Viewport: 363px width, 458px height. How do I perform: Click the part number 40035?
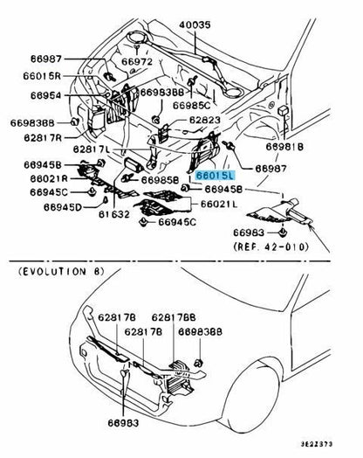[x=195, y=24]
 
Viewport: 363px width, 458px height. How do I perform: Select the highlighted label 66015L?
[x=216, y=176]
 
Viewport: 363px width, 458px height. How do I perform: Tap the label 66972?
[x=137, y=62]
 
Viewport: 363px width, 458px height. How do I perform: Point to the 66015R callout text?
[x=42, y=76]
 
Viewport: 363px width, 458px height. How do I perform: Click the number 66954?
[x=45, y=95]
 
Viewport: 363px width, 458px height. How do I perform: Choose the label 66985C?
[x=192, y=106]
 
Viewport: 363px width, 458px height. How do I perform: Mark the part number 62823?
[x=205, y=120]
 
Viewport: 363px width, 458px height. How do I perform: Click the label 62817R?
[x=43, y=137]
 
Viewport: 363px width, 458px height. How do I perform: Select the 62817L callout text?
[x=92, y=149]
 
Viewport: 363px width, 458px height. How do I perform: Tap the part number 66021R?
[x=49, y=178]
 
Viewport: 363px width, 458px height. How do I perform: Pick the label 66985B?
[x=160, y=180]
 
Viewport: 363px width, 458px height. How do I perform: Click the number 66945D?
[x=63, y=207]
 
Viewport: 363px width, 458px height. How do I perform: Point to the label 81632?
[x=114, y=214]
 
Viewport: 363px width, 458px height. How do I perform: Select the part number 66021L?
[x=219, y=205]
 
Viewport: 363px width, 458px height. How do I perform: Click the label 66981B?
[x=284, y=147]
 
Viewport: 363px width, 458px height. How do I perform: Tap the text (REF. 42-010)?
[x=271, y=247]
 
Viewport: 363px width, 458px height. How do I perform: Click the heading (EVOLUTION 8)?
[x=61, y=272]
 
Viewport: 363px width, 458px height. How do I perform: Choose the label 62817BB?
[x=174, y=317]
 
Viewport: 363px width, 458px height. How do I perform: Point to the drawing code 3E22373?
[x=317, y=444]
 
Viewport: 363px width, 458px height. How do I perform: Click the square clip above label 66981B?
[x=283, y=111]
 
